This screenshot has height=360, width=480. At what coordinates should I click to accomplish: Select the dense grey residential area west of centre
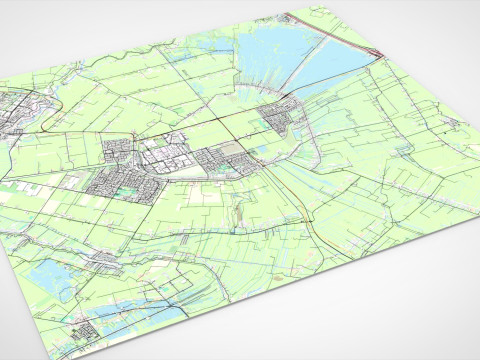pos(115,180)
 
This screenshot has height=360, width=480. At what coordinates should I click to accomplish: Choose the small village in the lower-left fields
pos(105,260)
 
